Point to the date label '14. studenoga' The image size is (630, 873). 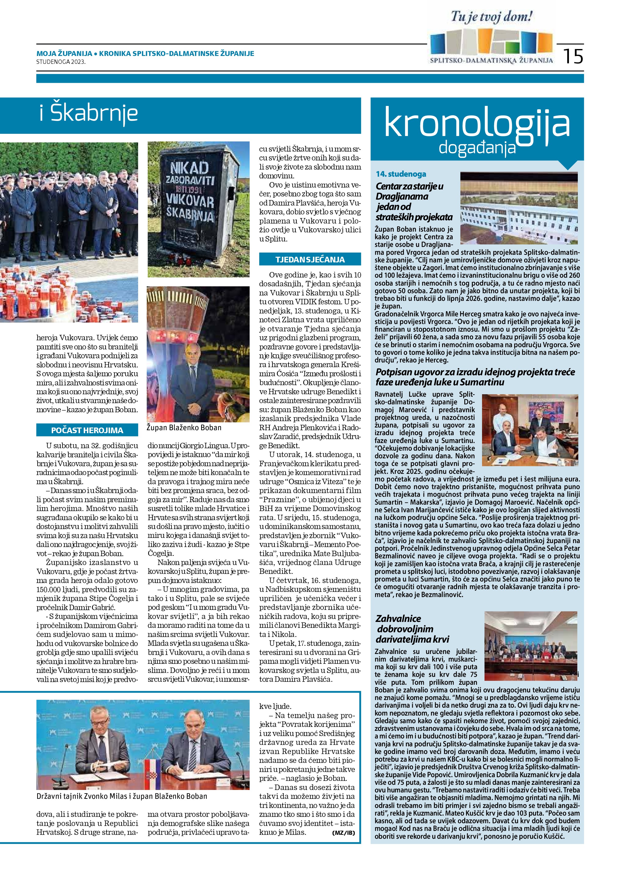coord(401,174)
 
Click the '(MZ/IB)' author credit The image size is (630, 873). coord(343,833)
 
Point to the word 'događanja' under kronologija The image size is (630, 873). coord(477,147)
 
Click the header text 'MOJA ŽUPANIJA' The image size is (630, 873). coord(64,53)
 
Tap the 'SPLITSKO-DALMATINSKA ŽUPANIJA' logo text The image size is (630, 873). coord(491,60)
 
